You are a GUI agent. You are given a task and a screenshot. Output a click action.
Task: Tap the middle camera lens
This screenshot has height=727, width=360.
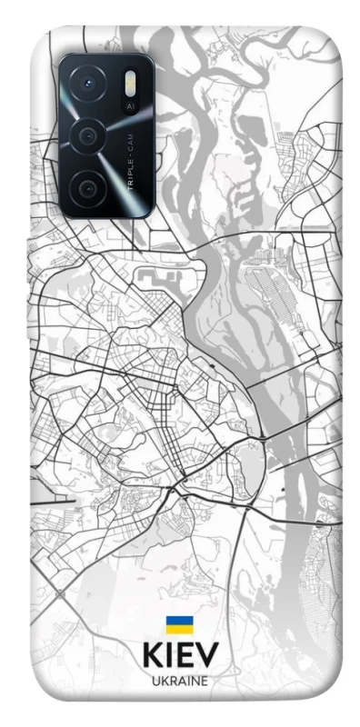88,137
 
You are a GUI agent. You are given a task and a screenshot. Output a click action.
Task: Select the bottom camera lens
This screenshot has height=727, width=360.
88,188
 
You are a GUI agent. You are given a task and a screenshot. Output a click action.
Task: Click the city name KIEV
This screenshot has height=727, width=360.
179,656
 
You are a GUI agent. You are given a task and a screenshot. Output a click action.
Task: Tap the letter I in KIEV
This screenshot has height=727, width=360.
170,656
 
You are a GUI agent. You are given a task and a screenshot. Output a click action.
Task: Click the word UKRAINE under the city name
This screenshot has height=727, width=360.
179,680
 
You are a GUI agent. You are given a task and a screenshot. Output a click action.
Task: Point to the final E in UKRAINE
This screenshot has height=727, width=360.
205,680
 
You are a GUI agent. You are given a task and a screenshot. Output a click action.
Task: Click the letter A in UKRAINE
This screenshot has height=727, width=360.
179,680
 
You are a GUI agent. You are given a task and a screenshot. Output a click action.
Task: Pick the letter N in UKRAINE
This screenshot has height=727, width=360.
195,680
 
